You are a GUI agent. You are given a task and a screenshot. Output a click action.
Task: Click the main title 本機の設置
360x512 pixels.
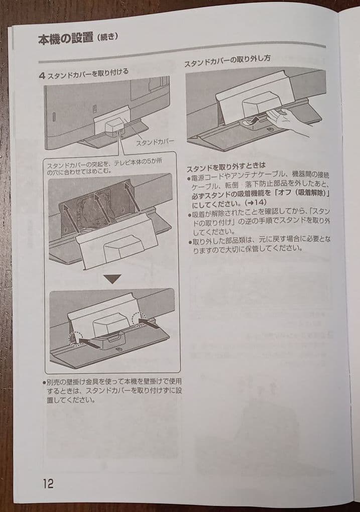[x=65, y=39]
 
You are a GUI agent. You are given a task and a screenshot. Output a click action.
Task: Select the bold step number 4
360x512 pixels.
[x=42, y=75]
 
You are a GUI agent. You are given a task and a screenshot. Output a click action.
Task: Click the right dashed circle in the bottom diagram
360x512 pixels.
[x=140, y=319]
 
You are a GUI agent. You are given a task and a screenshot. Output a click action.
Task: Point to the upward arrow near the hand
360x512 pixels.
[x=256, y=119]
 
